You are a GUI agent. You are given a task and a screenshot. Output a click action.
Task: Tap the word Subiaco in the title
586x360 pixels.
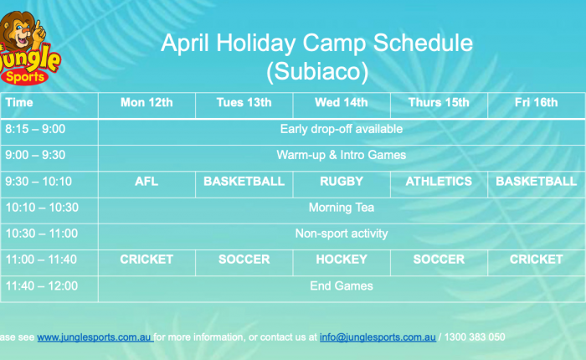pos(317,71)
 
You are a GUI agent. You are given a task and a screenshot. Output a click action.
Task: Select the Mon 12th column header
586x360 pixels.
pos(146,102)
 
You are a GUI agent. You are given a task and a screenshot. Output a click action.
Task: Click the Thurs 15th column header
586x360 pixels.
pos(439,102)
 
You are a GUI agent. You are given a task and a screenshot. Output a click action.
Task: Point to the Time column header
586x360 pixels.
pos(19,102)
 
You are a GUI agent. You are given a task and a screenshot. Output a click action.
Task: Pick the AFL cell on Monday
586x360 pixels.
pos(146,182)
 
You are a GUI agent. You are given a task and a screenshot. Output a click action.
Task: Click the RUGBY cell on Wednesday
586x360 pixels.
pos(342,182)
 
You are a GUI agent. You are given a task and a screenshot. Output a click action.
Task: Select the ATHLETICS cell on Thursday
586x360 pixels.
pos(439,182)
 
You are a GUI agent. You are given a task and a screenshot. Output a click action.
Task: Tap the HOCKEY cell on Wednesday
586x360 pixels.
pos(342,260)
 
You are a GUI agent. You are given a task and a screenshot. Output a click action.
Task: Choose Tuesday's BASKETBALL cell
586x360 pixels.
pos(244,182)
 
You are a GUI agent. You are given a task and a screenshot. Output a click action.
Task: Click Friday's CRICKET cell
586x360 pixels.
pos(537,260)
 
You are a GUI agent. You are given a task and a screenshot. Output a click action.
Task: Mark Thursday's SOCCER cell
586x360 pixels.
pos(439,260)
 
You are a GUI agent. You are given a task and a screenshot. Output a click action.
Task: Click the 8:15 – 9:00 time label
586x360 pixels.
pos(35,129)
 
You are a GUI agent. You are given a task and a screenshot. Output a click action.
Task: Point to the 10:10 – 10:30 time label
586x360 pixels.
pos(42,208)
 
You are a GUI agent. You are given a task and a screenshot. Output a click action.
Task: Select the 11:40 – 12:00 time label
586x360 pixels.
pos(42,286)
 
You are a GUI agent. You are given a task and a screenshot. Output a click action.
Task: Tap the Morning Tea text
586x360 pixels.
pos(342,208)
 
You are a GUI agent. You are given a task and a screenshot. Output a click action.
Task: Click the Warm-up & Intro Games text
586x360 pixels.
pos(342,155)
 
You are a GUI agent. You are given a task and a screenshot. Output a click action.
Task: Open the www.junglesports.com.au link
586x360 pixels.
pos(95,337)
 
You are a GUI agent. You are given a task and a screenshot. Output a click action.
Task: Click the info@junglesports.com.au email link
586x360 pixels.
pos(378,337)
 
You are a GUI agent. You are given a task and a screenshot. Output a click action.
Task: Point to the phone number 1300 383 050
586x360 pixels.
pos(475,337)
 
